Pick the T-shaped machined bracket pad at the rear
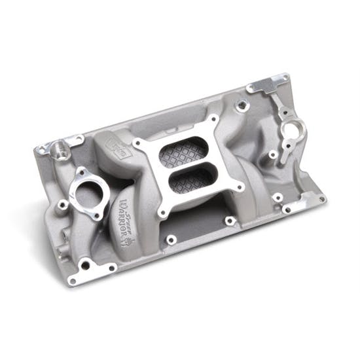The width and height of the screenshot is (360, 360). (x=269, y=86)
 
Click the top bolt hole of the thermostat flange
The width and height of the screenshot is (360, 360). (x=82, y=171)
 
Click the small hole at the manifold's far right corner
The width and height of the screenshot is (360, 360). (x=320, y=199)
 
